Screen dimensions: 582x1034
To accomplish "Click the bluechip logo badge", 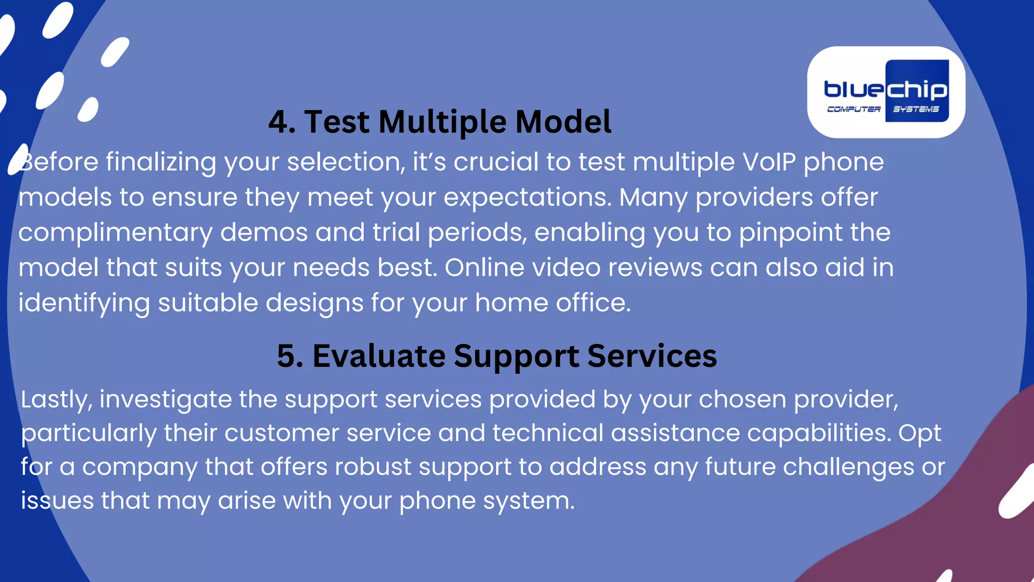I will click(x=886, y=92).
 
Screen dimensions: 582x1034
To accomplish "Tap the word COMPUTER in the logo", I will click(x=853, y=109).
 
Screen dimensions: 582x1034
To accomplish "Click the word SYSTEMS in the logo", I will click(x=916, y=109).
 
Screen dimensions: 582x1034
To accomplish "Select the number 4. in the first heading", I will click(x=282, y=122).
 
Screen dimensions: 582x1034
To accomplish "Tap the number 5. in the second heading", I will click(x=290, y=356).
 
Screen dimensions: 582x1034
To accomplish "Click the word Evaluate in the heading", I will click(x=379, y=356).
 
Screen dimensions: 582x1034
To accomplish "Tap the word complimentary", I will click(x=115, y=233).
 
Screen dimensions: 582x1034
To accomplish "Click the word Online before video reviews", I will click(x=484, y=267).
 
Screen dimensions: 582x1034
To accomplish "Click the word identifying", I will click(x=84, y=303).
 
